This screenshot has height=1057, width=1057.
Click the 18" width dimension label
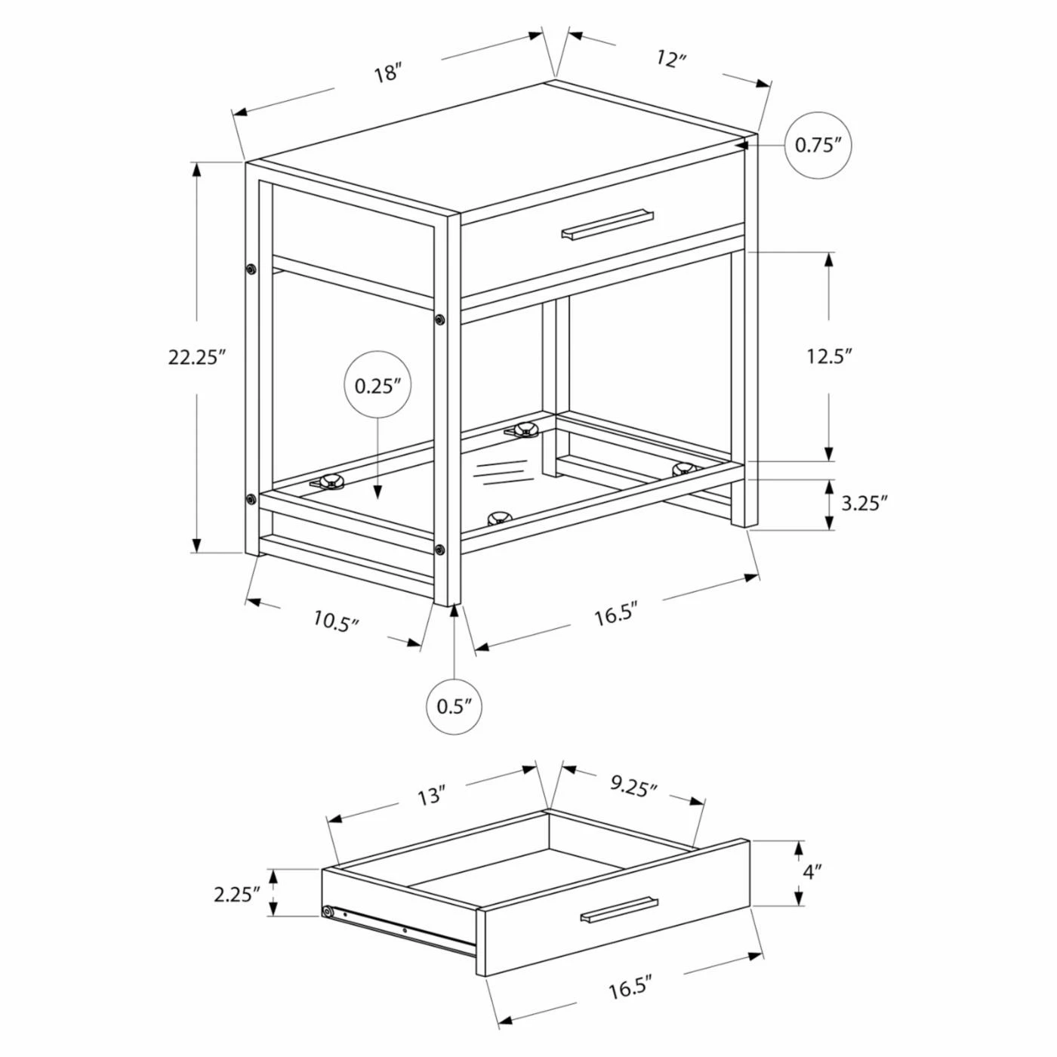tap(388, 73)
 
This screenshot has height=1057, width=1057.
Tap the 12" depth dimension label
tap(672, 59)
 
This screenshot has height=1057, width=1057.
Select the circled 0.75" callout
tap(818, 145)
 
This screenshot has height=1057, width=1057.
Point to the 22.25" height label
tap(198, 357)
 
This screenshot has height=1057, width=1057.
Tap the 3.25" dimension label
tap(864, 503)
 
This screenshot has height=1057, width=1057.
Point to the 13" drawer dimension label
tap(430, 812)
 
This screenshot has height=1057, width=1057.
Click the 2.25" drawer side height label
tap(236, 895)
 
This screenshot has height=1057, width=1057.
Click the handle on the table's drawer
tap(607, 223)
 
